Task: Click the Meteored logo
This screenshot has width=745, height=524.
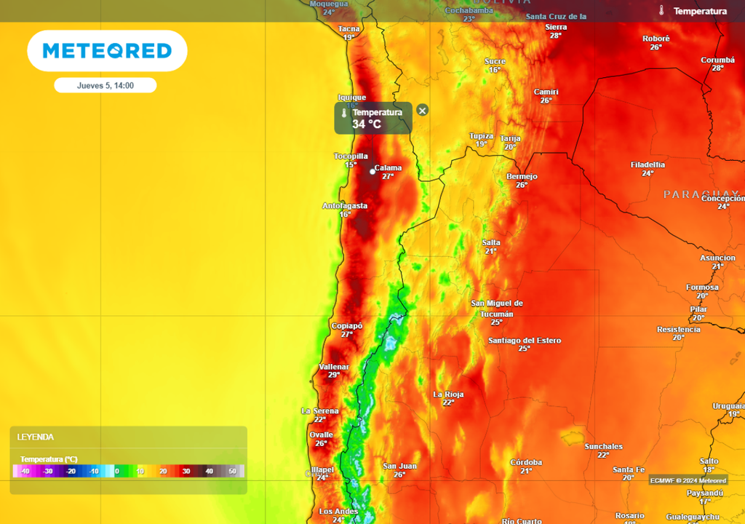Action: tap(107, 51)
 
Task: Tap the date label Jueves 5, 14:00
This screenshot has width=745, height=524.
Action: tap(105, 86)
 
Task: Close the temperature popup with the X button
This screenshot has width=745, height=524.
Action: tap(423, 111)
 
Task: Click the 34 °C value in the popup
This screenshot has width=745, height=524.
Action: tap(367, 124)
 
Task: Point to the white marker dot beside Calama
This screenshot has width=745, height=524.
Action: tap(372, 172)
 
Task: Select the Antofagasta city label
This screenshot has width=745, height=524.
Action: tap(345, 206)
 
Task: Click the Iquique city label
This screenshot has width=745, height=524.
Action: tap(352, 98)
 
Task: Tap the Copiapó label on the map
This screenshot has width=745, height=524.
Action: tap(346, 326)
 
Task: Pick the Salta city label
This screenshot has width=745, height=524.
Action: tap(491, 242)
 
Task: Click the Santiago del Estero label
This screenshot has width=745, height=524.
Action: tap(525, 341)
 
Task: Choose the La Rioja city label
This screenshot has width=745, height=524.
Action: tap(448, 394)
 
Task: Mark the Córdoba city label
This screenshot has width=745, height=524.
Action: tap(526, 462)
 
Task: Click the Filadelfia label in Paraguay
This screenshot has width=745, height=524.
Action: tap(648, 164)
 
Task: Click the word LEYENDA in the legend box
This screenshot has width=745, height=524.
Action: tap(36, 437)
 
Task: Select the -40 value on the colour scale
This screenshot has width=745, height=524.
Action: tap(25, 472)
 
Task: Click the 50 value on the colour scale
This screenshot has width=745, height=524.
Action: tap(233, 472)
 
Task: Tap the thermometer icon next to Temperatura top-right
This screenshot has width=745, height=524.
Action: tap(661, 11)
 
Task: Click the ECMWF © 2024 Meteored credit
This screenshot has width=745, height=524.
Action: tap(688, 480)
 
